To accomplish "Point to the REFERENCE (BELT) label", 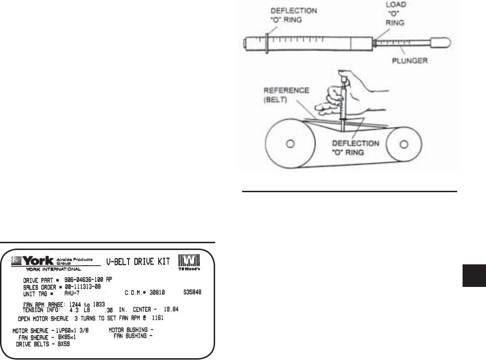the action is [293, 95].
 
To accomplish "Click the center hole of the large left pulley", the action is [291, 144].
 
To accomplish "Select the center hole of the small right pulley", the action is [404, 144].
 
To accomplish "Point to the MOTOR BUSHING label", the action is [128, 330].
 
